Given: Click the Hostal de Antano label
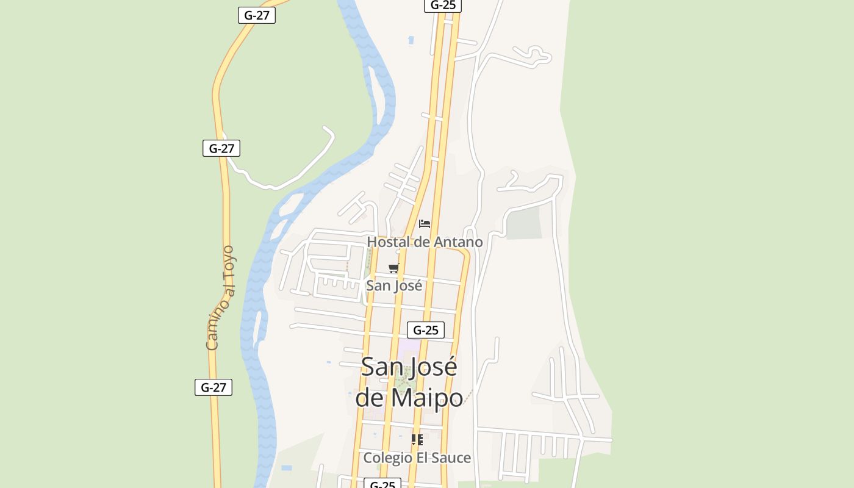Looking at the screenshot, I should (x=425, y=242).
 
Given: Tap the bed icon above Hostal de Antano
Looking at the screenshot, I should (x=425, y=224).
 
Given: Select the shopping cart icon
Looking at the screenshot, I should (x=394, y=268).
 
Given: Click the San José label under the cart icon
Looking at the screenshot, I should (x=394, y=285).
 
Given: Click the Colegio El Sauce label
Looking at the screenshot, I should (x=417, y=457).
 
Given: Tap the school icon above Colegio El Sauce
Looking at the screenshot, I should (x=417, y=440).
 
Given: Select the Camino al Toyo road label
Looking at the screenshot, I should (x=220, y=298).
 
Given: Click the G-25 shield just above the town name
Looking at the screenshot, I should (x=426, y=330).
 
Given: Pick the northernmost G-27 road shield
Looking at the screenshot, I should (x=257, y=15).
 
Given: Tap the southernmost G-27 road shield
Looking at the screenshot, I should (x=213, y=387).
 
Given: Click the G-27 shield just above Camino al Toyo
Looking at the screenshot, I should (x=221, y=148).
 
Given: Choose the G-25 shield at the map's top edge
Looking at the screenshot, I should (x=443, y=5).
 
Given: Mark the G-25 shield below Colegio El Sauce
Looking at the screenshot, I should (x=382, y=484).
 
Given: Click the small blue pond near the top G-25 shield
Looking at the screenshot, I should (x=411, y=40).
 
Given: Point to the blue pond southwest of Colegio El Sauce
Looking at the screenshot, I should (x=287, y=468).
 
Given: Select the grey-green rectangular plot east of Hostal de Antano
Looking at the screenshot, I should (x=524, y=223).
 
